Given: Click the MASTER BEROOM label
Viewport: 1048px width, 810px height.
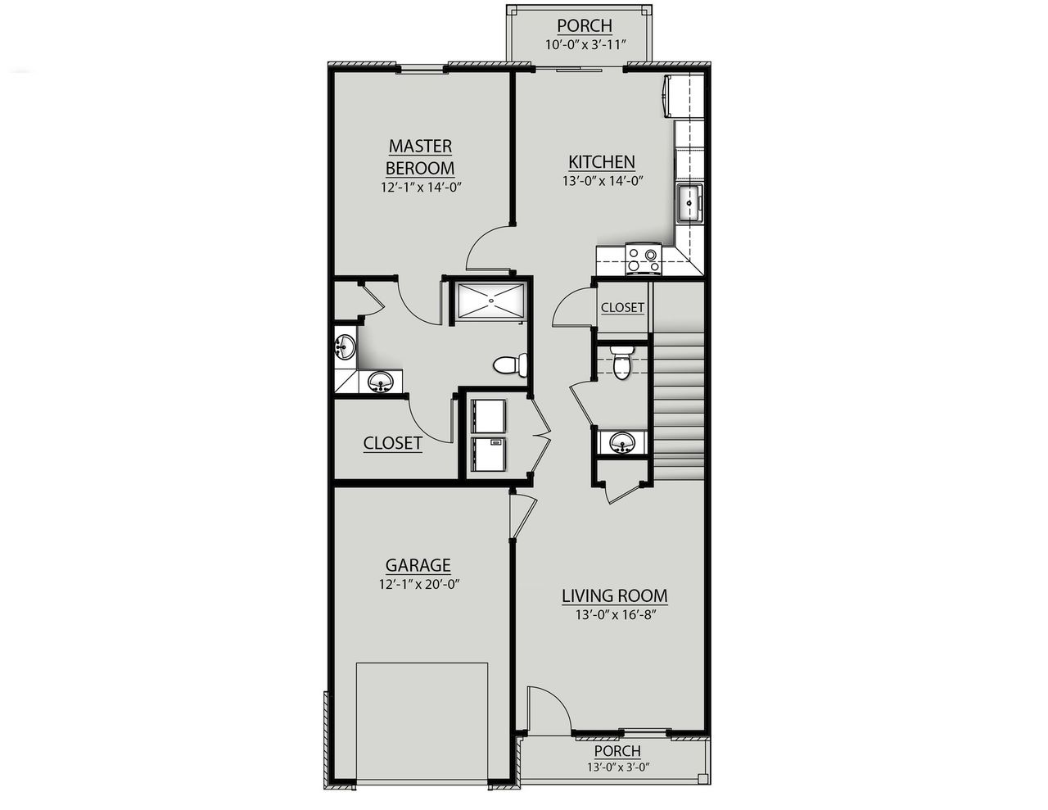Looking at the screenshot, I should [420, 156].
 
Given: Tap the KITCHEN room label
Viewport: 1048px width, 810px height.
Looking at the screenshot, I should [602, 161].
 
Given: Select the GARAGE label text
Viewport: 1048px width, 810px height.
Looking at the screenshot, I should [418, 565].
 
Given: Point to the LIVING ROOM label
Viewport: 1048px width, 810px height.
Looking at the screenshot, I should [614, 595].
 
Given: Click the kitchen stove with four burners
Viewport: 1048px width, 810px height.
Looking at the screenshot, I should [643, 259].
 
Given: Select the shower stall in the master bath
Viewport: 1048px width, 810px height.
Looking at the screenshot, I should [490, 300].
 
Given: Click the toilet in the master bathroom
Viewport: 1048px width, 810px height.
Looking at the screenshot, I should [512, 364].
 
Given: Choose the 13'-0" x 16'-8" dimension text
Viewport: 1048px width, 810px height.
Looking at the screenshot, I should [610, 615].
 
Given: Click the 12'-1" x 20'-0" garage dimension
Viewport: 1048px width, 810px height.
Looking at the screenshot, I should [418, 585].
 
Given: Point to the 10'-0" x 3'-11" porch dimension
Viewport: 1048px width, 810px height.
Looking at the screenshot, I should [585, 44].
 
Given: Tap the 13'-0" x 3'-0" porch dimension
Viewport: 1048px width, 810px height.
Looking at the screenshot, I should [617, 767].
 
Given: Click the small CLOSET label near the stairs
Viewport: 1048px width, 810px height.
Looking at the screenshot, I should [622, 308].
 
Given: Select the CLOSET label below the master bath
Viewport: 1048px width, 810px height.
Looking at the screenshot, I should [393, 443].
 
